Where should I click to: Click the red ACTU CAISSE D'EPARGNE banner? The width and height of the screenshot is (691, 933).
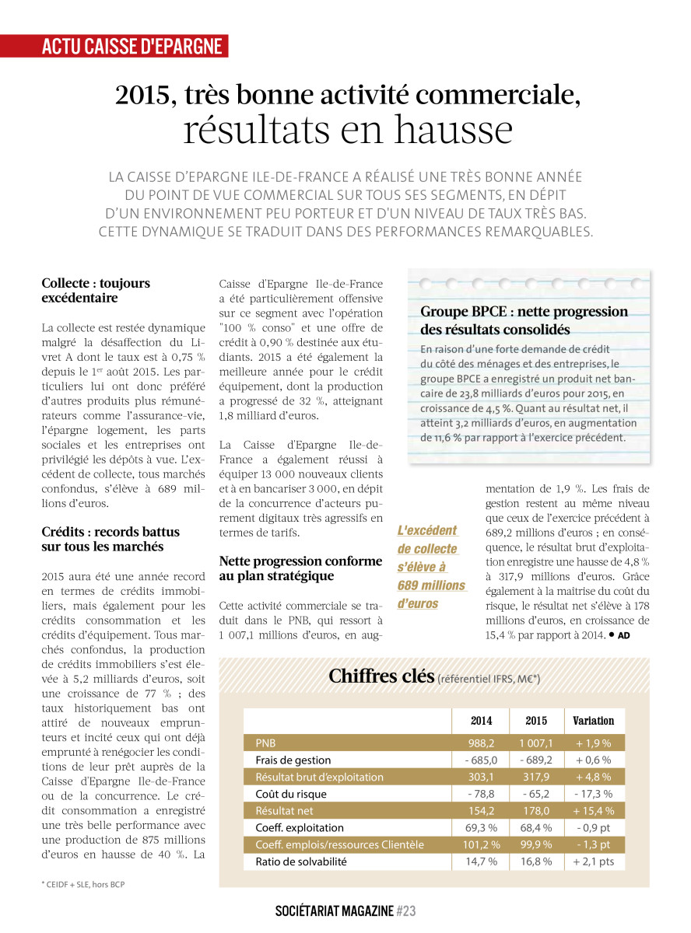132,46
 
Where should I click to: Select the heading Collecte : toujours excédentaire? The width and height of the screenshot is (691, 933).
96,290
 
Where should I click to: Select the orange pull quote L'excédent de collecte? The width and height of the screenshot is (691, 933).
430,567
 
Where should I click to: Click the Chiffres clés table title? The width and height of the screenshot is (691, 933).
381,676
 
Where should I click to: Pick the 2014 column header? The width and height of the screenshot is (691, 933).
481,721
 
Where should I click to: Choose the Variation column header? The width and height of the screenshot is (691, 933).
593,721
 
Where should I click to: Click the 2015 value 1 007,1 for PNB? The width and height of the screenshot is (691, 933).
536,743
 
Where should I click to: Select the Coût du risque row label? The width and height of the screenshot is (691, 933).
290,794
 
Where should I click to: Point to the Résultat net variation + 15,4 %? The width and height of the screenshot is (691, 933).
594,811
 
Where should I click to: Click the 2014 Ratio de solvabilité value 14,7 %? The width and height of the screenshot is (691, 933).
481,861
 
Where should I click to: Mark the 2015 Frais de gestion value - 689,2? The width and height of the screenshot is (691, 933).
536,760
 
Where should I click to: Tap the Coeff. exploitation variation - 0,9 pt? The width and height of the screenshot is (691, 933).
594,828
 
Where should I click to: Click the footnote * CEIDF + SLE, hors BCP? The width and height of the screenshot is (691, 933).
83,885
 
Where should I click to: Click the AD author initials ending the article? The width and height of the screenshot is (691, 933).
623,635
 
